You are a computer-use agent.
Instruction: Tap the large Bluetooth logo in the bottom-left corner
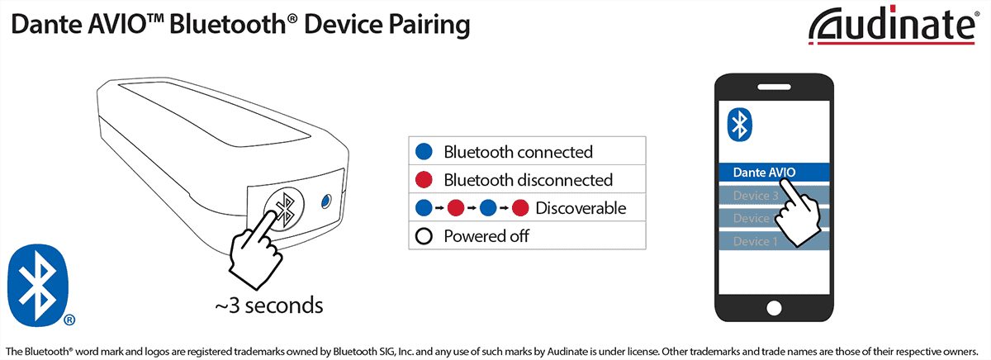point(39,285)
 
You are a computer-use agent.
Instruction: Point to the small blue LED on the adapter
point(326,201)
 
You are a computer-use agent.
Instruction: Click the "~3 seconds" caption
point(269,306)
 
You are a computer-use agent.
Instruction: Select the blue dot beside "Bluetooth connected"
point(424,152)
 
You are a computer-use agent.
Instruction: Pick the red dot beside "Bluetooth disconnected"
point(424,180)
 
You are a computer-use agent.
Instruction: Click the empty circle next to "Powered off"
point(424,236)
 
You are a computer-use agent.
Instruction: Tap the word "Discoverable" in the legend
point(581,208)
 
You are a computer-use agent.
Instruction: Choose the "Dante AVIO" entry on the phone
point(774,172)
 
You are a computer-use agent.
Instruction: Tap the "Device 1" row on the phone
point(774,241)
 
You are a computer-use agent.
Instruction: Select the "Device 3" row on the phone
point(774,195)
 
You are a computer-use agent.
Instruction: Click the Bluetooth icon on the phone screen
point(740,125)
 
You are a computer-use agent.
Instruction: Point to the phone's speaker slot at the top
point(774,87)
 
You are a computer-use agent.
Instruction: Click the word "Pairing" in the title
point(429,25)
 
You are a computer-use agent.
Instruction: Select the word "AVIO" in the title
point(116,24)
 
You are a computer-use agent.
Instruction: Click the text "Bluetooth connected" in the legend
point(518,152)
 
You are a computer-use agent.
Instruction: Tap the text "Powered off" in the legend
point(486,236)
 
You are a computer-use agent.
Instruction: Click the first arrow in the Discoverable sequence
point(439,208)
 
